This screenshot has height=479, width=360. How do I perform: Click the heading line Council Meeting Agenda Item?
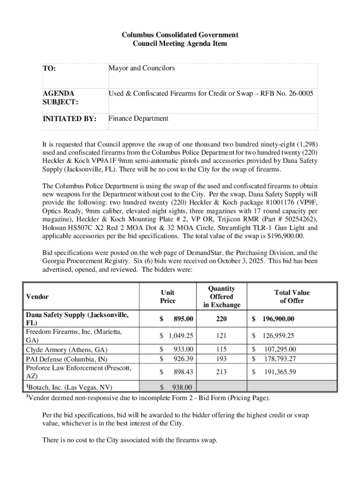pos(180,44)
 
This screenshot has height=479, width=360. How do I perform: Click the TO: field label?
pos(49,69)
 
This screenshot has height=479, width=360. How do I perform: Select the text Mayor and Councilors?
pos(142,68)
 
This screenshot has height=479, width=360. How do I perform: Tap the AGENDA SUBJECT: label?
pos(58,98)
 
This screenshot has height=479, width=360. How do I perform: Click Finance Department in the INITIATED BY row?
pos(138,118)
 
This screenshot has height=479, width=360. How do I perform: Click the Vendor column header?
pos(37,297)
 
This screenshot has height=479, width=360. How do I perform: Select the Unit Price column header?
pos(168,297)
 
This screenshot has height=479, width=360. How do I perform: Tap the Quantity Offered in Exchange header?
pos(222,297)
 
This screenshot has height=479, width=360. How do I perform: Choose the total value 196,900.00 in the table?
pos(279,319)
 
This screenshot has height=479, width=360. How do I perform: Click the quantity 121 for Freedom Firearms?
pos(221,336)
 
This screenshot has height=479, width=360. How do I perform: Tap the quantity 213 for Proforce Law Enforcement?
pos(221,372)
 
